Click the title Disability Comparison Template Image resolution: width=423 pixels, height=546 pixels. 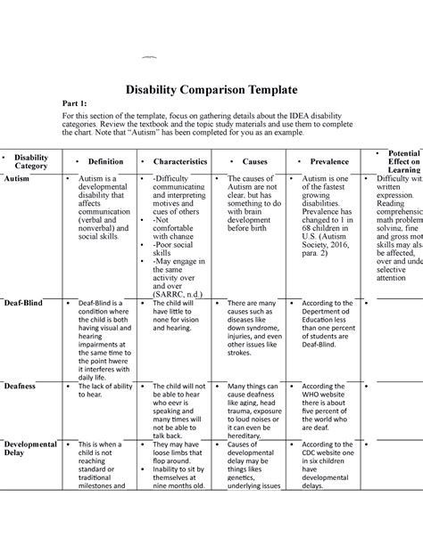211,87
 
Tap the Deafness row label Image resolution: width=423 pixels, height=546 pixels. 22,387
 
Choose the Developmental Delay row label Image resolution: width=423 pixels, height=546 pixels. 30,449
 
